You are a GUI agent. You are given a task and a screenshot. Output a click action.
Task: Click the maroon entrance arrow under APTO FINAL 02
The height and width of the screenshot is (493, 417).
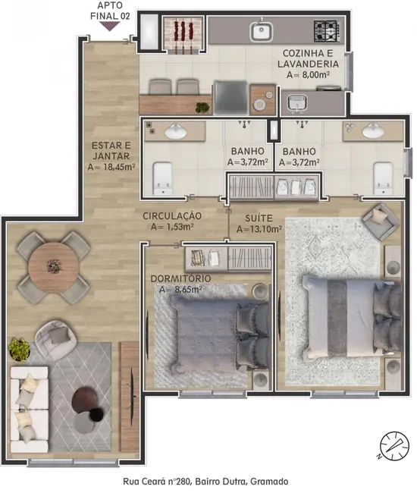(x=110, y=27)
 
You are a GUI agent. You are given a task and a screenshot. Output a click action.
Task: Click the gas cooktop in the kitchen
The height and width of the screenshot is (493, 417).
(x=328, y=31)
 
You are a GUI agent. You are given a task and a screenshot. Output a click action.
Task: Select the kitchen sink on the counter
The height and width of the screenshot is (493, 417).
(x=262, y=32)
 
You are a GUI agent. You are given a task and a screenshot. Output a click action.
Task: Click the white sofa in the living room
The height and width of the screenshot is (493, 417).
(x=27, y=402)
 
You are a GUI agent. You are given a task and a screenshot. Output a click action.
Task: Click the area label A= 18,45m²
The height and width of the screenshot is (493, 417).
(x=111, y=167)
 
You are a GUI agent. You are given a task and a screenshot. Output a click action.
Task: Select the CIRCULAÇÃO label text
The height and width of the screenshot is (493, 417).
(x=172, y=215)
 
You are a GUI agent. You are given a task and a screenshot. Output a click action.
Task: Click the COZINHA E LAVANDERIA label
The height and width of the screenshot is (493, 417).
(x=310, y=59)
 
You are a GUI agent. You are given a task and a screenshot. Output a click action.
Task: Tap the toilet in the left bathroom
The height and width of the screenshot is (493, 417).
(x=162, y=177)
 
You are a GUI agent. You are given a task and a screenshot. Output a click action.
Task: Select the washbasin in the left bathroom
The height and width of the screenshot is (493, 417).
(x=177, y=132)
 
